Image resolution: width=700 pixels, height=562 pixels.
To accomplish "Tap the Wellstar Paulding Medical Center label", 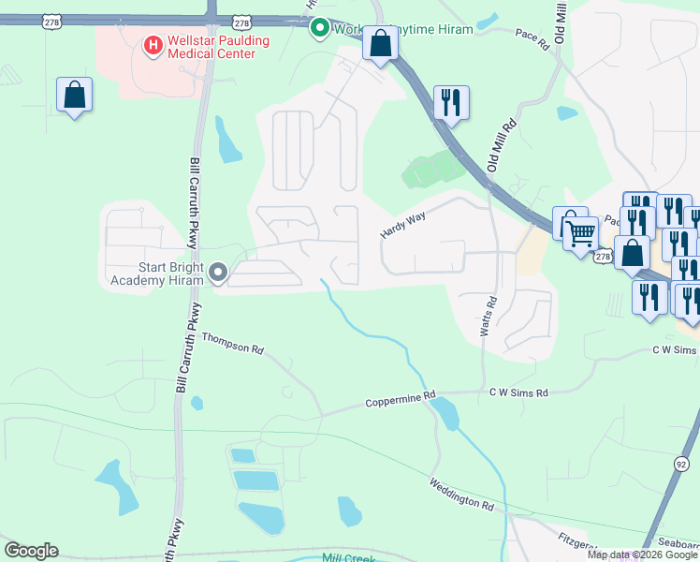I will click(x=211, y=48).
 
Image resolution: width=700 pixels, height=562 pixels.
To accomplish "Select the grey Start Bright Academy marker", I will click(x=218, y=273).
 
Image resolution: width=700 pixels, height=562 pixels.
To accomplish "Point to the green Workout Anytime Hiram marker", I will click(x=319, y=28).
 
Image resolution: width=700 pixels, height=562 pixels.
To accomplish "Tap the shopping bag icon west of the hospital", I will click(x=74, y=95).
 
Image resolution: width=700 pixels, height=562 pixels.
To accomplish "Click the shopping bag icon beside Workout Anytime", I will click(x=380, y=43).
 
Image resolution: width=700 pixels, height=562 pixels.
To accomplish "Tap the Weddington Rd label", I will click(x=460, y=493).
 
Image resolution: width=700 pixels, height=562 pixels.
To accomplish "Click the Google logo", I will click(x=31, y=551).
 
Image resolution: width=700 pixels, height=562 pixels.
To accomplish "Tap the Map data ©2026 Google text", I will click(x=642, y=555).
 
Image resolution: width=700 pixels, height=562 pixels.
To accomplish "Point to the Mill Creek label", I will click(x=347, y=558).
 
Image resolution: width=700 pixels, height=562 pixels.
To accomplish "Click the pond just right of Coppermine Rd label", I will click(x=445, y=412).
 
